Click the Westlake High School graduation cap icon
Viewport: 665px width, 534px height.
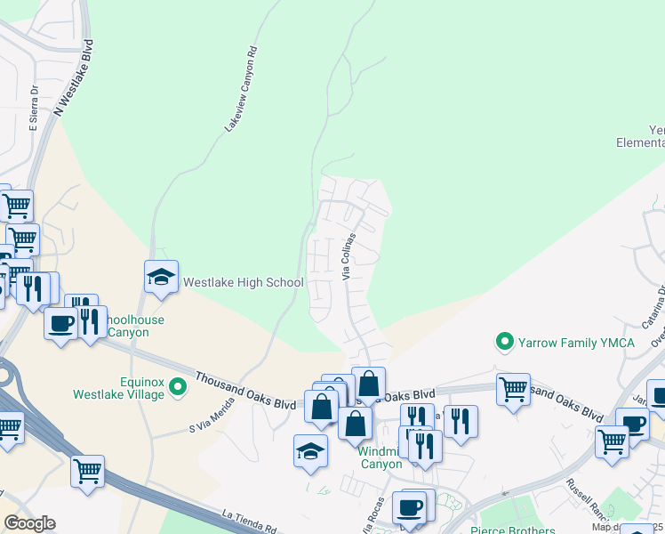162,278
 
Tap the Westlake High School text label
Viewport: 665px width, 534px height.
244,283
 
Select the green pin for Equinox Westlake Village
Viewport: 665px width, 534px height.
178,386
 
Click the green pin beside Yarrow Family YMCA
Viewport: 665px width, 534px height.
505,342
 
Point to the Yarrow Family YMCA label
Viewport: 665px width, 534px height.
577,343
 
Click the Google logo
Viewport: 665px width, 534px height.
29,523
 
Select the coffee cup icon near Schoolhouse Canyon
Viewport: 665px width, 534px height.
61,324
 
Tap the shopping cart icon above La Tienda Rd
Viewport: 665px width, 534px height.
88,471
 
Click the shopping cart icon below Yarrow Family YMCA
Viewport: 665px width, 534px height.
513,389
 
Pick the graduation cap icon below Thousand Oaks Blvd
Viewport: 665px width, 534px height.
310,450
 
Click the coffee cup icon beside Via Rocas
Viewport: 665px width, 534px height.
410,507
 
